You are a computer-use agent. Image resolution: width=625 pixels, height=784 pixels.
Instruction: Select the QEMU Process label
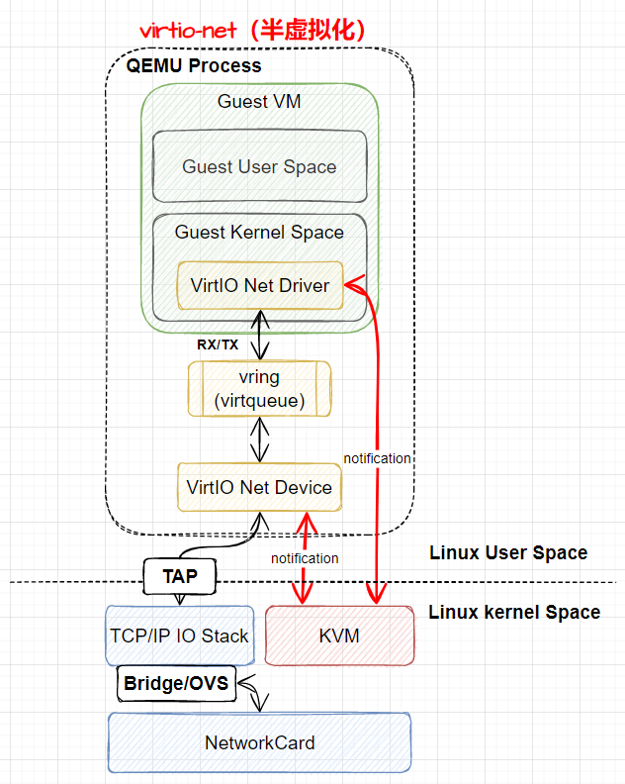point(194,66)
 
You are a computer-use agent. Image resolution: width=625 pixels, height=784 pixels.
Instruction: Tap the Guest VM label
point(259,102)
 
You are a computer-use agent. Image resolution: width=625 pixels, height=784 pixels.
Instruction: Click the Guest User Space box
point(259,166)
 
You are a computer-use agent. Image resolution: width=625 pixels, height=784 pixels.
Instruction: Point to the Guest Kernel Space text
point(259,232)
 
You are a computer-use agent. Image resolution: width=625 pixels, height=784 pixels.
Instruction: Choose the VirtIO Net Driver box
point(259,286)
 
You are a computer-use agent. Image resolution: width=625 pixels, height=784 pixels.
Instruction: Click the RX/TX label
point(217,345)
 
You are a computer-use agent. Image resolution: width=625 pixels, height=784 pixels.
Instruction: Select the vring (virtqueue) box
point(259,389)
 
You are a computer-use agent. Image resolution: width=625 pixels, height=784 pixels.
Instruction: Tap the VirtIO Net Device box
point(259,487)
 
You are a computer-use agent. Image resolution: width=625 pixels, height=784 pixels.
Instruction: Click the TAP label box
point(180,576)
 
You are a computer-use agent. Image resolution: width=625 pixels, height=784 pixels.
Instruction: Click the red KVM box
point(339,636)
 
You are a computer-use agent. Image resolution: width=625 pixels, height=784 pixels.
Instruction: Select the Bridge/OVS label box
point(176,683)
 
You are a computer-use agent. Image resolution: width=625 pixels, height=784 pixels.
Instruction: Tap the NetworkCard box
point(259,742)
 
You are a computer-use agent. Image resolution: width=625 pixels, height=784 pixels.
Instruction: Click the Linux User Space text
point(507,552)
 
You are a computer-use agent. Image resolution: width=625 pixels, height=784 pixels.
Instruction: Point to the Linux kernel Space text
point(513,612)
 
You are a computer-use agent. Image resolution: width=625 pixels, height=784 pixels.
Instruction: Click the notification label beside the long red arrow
point(377,458)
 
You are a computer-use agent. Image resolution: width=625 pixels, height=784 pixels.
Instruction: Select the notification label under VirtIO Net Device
point(305,558)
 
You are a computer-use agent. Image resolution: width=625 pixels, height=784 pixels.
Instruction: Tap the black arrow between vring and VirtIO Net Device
point(259,440)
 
